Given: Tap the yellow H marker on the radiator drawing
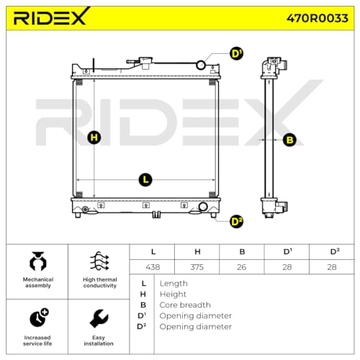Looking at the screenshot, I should click(x=94, y=138).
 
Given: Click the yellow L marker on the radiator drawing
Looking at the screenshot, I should click(x=145, y=179).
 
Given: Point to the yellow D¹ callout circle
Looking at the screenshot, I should click(x=236, y=54).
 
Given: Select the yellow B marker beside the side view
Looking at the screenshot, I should click(x=289, y=140).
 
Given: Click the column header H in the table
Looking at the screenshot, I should click(x=197, y=251).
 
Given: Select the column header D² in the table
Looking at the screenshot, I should click(x=333, y=251).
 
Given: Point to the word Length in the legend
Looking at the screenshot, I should click(x=173, y=283).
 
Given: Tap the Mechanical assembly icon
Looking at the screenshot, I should click(x=37, y=261).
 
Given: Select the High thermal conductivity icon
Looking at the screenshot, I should click(x=99, y=261).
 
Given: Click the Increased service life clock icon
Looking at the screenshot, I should click(x=38, y=317).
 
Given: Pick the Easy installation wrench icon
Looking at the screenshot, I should click(x=99, y=317).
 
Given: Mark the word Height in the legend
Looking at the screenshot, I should click(x=172, y=294).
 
